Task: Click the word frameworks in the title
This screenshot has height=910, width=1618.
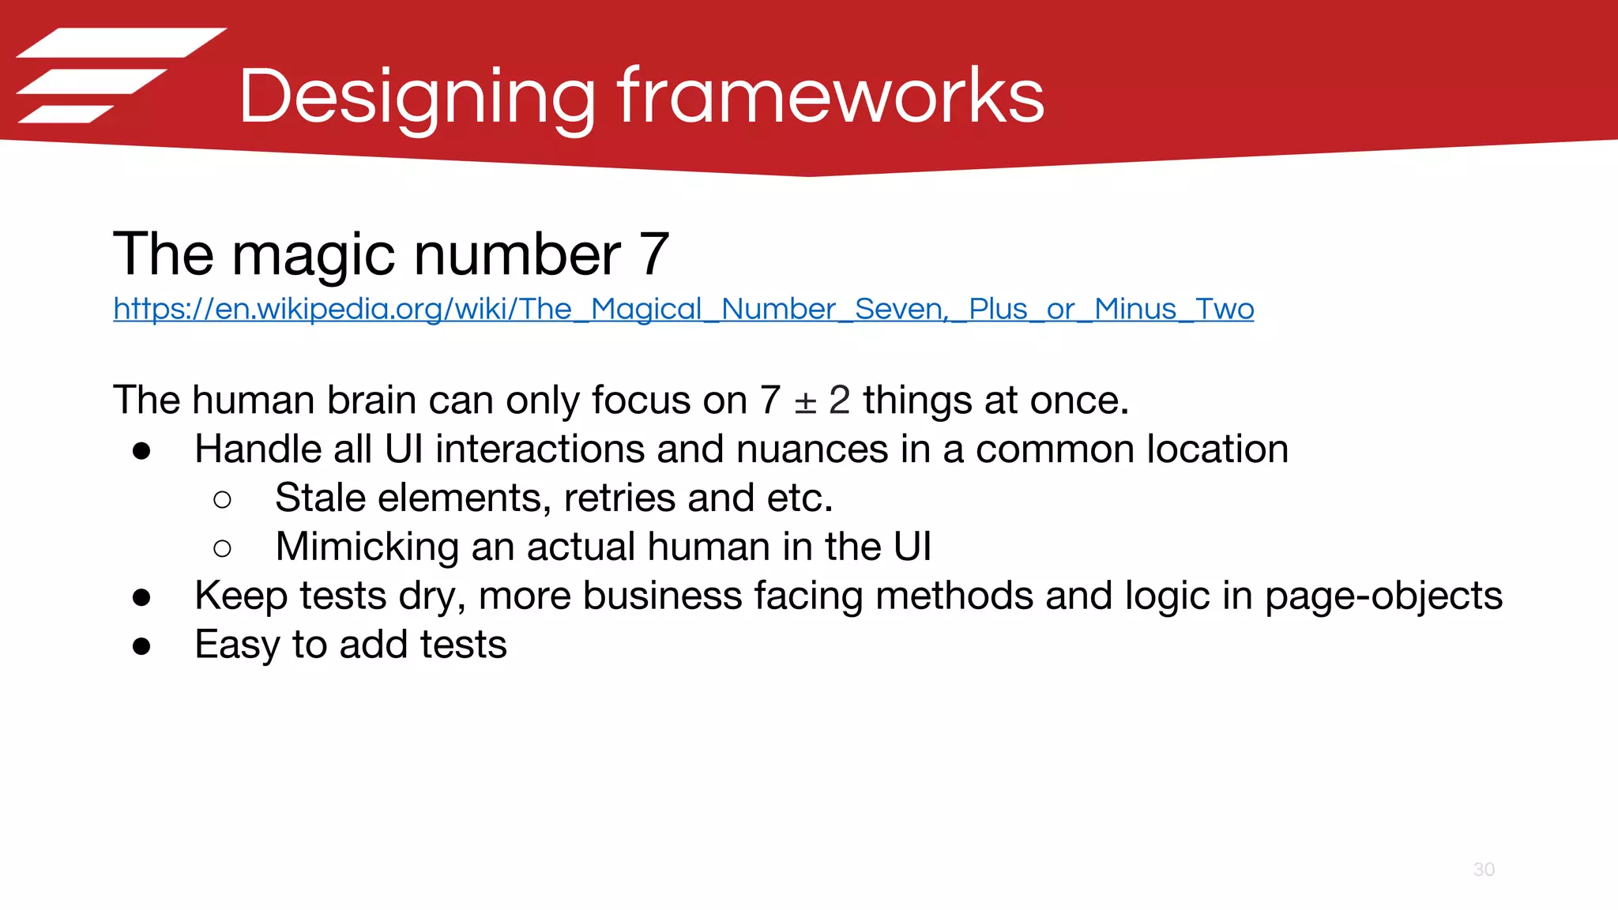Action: coord(830,96)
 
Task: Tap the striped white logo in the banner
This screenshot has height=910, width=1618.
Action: coord(119,76)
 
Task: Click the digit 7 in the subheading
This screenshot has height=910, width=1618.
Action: coord(655,254)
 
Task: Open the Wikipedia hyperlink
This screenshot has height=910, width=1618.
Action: coord(683,309)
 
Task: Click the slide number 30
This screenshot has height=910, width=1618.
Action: coord(1484,870)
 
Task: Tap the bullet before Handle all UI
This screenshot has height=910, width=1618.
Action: coord(142,451)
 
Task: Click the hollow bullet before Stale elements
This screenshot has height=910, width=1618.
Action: coord(223,499)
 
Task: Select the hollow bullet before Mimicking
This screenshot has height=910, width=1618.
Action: coord(223,548)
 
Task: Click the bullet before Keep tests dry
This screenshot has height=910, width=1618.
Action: coord(142,597)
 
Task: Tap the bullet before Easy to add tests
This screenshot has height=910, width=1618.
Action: coord(142,646)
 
